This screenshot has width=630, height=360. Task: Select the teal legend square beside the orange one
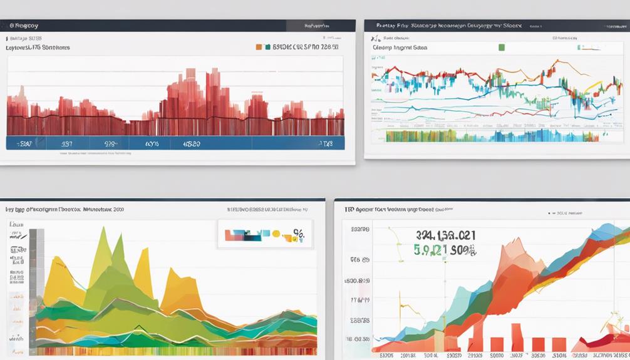pos(267,47)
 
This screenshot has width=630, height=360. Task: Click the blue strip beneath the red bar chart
pos(175,143)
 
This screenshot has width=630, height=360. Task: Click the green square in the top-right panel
pos(501,47)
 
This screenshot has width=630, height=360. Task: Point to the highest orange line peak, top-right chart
pos(554,61)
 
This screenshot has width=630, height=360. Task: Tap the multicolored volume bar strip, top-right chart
pos(488,136)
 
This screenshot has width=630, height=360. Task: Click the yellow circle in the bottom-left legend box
pos(276,234)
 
